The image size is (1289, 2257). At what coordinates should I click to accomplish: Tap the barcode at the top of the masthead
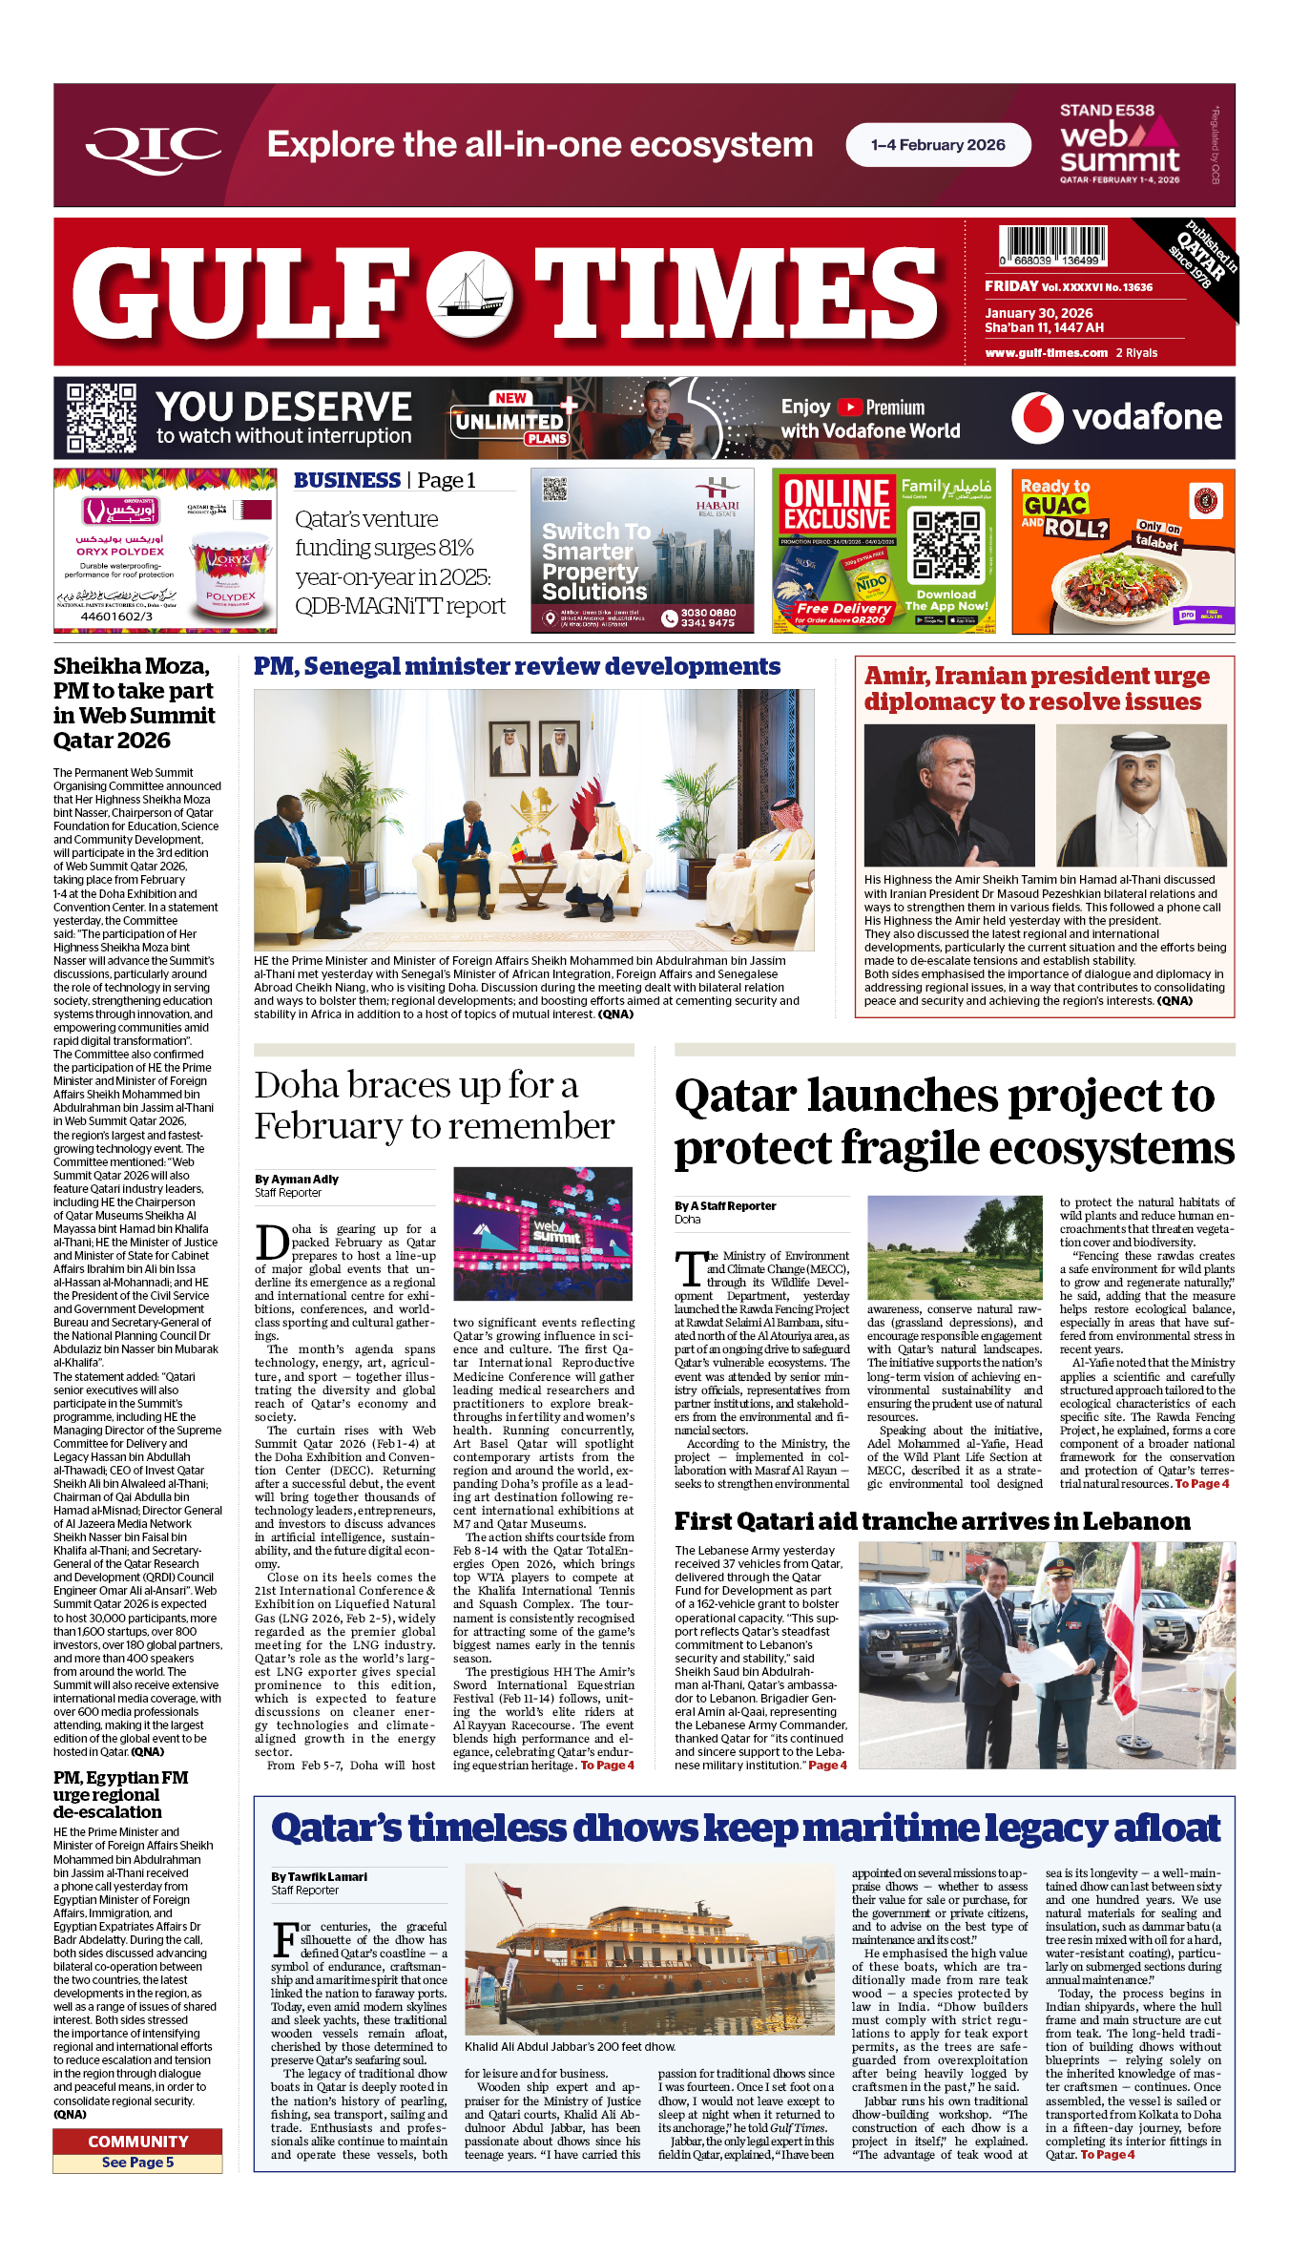[1052, 245]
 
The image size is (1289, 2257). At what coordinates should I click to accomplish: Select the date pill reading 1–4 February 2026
[938, 145]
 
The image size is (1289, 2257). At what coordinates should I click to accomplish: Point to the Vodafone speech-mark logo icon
[1037, 418]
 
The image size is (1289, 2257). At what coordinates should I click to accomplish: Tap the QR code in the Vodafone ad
[101, 418]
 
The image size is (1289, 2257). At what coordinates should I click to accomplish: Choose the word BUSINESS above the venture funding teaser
[347, 481]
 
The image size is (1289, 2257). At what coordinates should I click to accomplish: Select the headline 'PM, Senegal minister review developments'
[516, 667]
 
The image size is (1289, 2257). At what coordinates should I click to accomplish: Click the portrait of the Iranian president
[948, 795]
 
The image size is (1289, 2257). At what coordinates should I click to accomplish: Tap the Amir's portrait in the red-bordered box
[1140, 795]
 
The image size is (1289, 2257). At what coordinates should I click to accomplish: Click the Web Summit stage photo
[542, 1233]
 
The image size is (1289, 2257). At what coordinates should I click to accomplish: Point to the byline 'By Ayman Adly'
[297, 1180]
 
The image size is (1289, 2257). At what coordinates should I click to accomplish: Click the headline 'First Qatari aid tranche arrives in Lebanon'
[932, 1522]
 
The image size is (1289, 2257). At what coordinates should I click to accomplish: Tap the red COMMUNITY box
[137, 2142]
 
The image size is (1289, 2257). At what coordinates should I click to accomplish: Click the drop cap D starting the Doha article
[272, 1243]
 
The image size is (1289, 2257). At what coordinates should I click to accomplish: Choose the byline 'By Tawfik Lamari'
[319, 1877]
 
